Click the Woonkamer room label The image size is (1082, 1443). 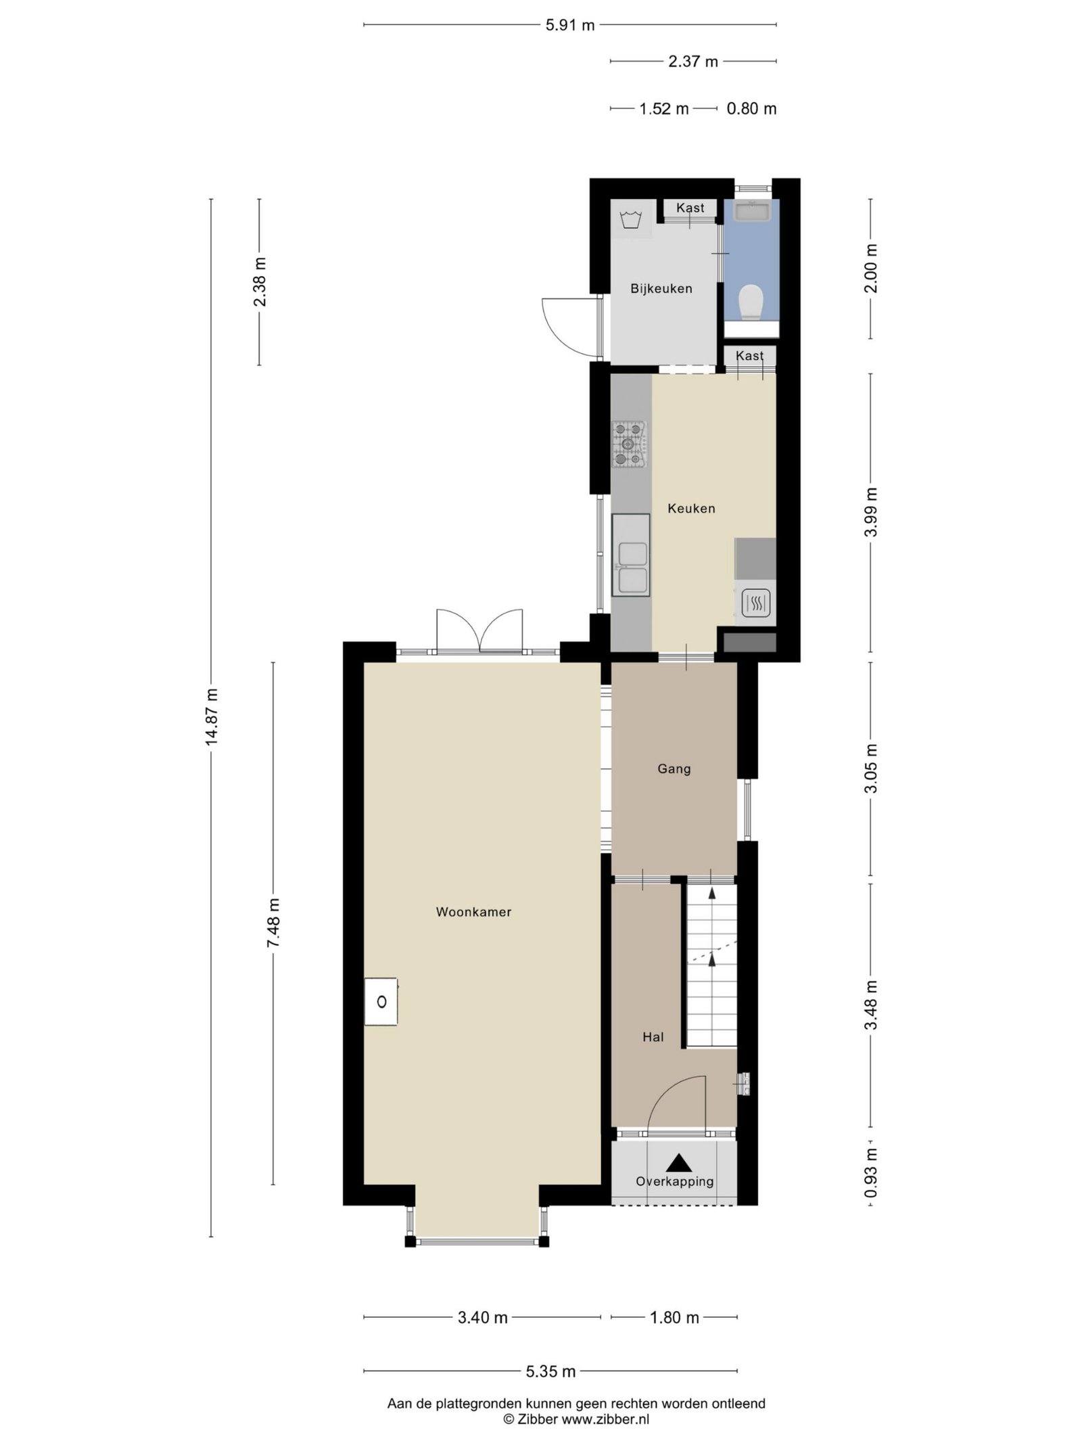[x=473, y=912]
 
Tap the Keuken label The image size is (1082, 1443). [x=691, y=508]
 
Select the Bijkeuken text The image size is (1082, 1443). [x=661, y=289]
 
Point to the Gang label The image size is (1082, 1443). [x=674, y=769]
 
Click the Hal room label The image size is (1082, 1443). [x=653, y=1036]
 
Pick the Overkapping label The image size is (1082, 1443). [x=675, y=1181]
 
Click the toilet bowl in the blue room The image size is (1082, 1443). [x=751, y=302]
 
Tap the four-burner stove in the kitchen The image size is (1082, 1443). [x=630, y=444]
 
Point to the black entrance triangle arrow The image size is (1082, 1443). [x=679, y=1163]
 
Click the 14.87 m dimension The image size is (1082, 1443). [x=212, y=717]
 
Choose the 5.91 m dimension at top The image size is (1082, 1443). [x=570, y=26]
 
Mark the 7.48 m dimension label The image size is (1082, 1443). [x=273, y=923]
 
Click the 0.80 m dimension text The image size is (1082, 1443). [x=751, y=109]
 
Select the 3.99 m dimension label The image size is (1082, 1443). [x=872, y=512]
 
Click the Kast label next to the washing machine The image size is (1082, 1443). [x=690, y=208]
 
